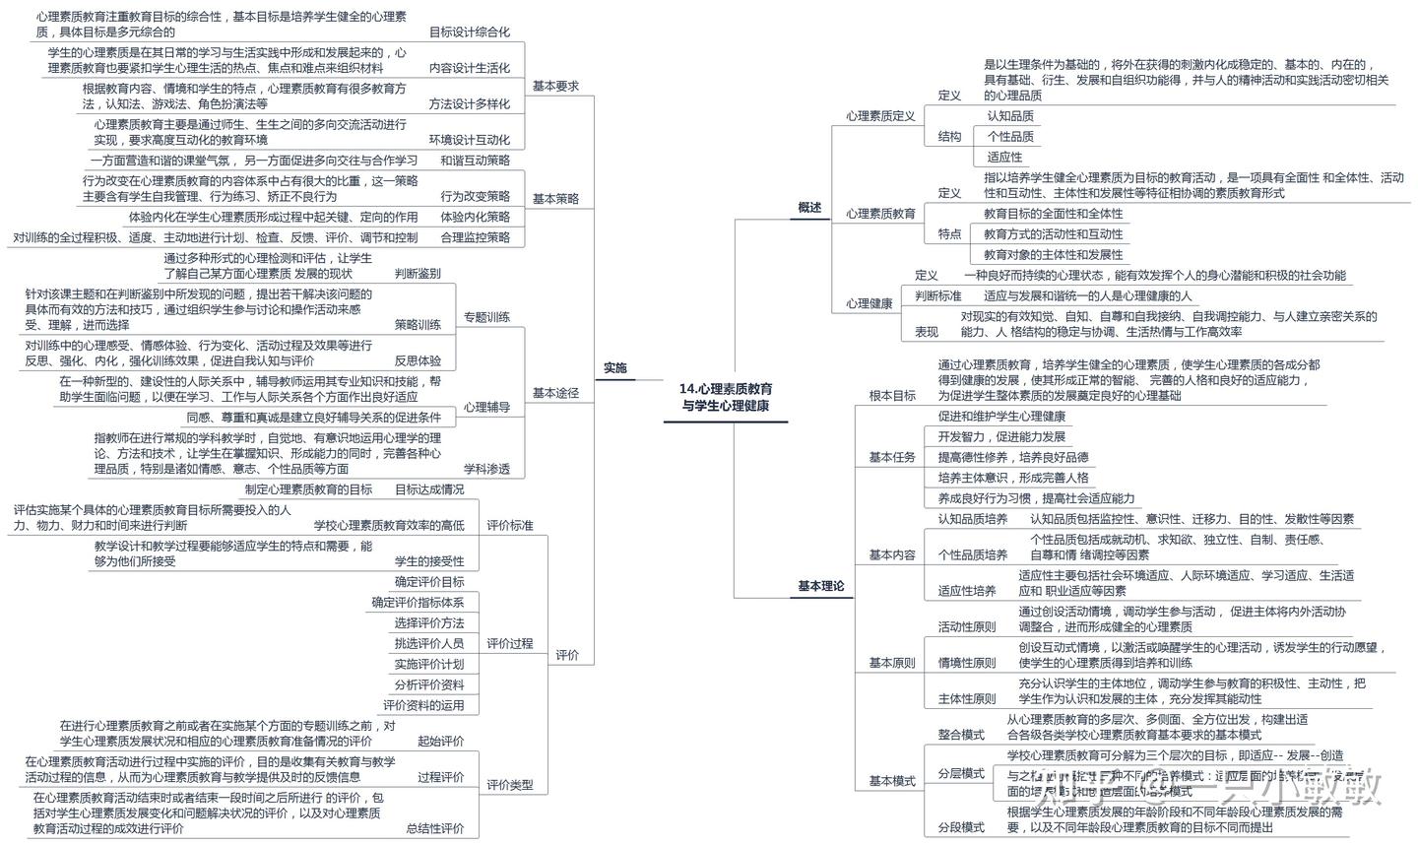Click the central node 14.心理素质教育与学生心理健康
click(726, 397)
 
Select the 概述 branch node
click(808, 208)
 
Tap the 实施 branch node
click(614, 367)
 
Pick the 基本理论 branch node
click(820, 586)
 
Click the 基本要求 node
click(555, 86)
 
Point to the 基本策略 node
click(555, 198)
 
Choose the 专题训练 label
click(486, 316)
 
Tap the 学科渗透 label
click(486, 469)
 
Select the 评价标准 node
click(509, 525)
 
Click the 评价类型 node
click(509, 784)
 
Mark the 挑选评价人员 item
click(428, 643)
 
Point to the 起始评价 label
click(440, 741)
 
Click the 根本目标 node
click(891, 395)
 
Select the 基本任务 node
click(891, 457)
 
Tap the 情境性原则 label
click(966, 662)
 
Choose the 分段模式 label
click(960, 826)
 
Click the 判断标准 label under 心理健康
click(937, 295)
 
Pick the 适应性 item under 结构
click(1004, 157)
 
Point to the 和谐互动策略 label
click(475, 160)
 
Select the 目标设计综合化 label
click(469, 32)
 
